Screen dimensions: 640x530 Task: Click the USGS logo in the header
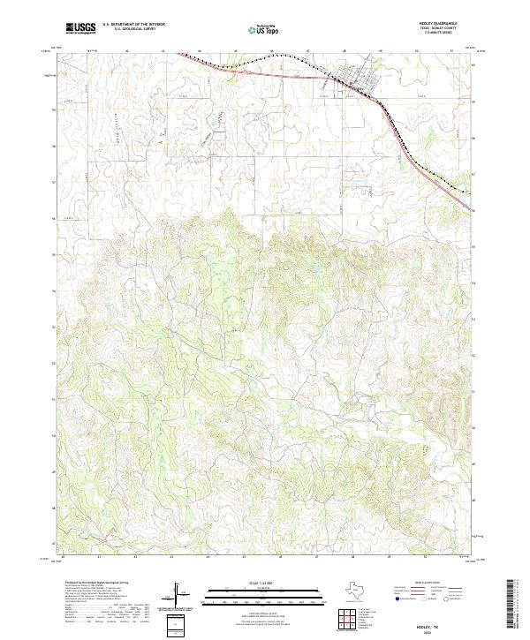(80, 27)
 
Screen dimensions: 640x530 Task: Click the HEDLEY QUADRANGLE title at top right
(443, 24)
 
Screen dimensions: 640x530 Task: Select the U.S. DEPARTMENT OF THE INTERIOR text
(133, 25)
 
